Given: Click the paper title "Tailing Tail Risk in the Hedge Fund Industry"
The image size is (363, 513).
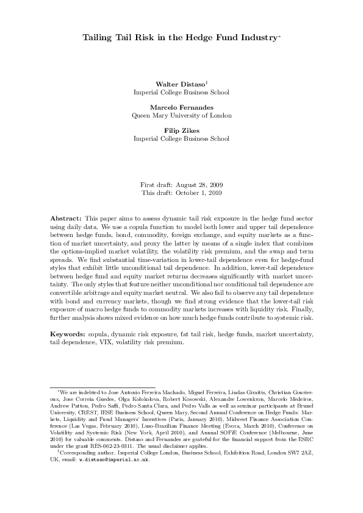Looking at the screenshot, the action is [180, 38].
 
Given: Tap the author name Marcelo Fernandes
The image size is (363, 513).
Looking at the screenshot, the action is [181, 106].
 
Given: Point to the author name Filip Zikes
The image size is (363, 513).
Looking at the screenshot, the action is [181, 130].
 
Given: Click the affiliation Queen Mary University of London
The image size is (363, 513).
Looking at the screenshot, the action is [181, 115].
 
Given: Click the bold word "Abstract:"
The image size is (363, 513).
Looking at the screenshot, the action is [65, 218].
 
